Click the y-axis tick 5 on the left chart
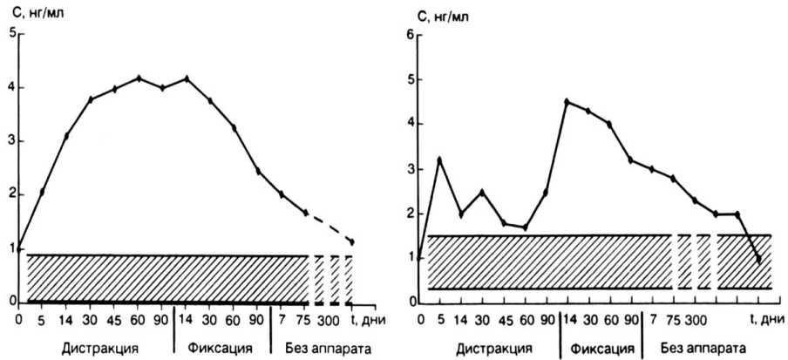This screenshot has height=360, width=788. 11,33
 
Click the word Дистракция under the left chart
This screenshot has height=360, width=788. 99,349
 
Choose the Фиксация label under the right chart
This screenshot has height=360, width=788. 596,349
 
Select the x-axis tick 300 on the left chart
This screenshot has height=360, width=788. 328,318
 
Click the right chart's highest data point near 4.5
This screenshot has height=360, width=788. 567,102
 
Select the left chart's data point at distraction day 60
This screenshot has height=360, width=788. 139,78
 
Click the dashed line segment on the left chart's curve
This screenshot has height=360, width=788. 329,227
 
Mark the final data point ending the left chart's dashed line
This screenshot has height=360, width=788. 352,241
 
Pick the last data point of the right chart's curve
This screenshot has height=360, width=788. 759,259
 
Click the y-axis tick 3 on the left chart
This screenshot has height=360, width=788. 11,140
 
